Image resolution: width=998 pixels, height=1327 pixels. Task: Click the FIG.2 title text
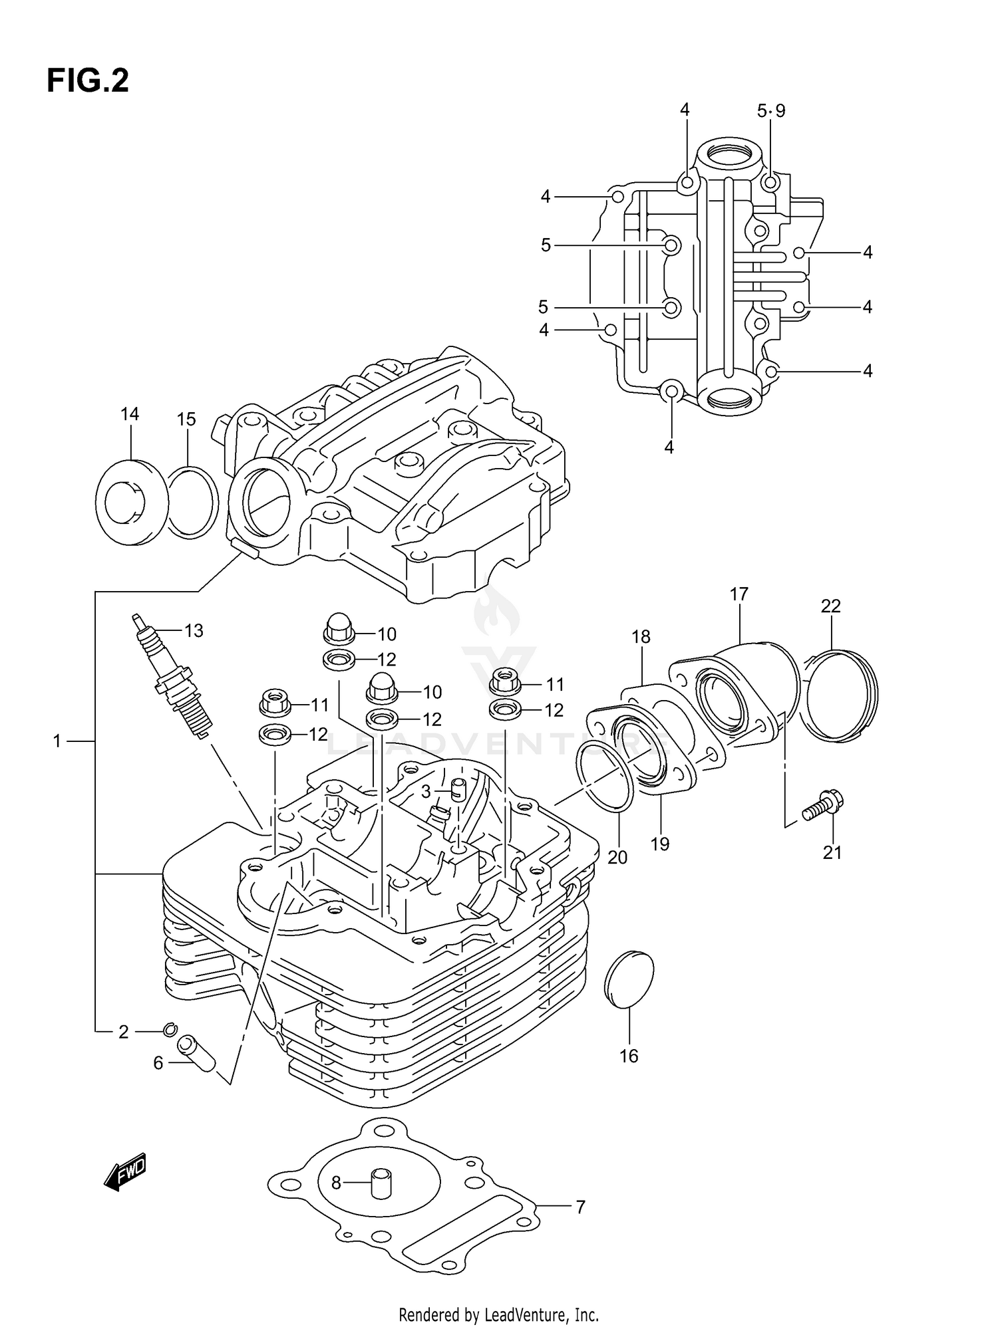(87, 81)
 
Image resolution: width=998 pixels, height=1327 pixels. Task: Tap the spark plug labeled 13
(174, 678)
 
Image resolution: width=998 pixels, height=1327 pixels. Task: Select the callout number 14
(130, 414)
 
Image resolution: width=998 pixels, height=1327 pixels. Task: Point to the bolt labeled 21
(822, 806)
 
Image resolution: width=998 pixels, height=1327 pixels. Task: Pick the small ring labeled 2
(170, 1030)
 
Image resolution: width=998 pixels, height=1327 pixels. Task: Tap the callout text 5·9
(771, 110)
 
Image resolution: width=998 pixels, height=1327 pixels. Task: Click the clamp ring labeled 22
(837, 695)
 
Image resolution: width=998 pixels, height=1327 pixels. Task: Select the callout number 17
(739, 594)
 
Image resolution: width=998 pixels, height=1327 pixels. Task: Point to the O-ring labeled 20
(605, 778)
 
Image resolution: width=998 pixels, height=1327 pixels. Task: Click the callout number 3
(426, 791)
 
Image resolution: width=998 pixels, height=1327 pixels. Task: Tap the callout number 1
(57, 740)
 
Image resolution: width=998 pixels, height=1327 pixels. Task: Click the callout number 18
(641, 636)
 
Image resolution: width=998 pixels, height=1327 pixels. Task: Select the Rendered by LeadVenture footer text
(499, 1314)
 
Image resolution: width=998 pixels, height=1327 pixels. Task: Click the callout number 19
(659, 844)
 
